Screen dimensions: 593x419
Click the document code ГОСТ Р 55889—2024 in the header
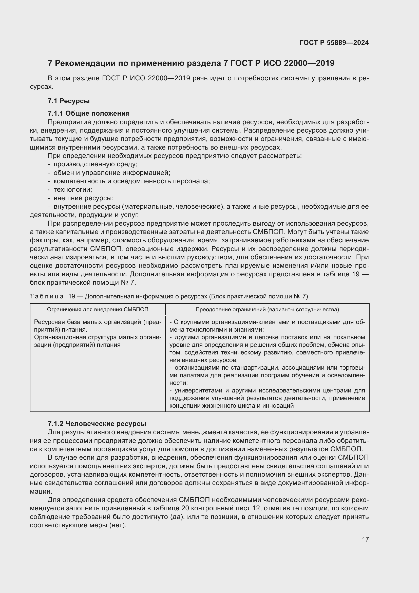(x=334, y=43)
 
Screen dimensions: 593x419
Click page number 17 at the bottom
(x=365, y=539)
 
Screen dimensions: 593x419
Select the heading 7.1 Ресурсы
(x=69, y=101)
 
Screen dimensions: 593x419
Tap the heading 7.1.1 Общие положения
(x=88, y=113)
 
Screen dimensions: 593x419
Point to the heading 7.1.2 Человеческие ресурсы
(x=97, y=424)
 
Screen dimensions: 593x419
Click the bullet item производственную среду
(x=95, y=164)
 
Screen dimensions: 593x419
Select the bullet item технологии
(x=72, y=190)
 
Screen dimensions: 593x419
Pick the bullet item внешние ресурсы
(x=83, y=198)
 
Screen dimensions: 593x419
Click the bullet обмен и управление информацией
(x=112, y=173)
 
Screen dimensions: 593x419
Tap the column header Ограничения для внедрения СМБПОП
(x=98, y=309)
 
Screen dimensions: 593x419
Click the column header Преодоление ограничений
(x=267, y=309)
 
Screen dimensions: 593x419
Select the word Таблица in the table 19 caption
(x=47, y=296)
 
